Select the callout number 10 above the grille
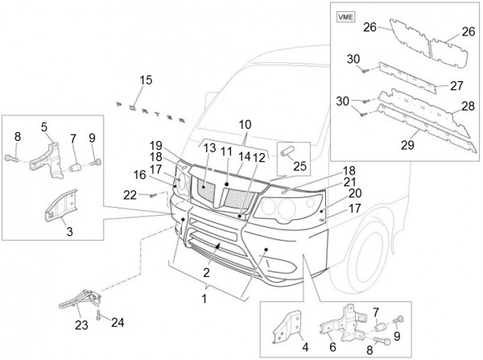pyautogui.click(x=244, y=125)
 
